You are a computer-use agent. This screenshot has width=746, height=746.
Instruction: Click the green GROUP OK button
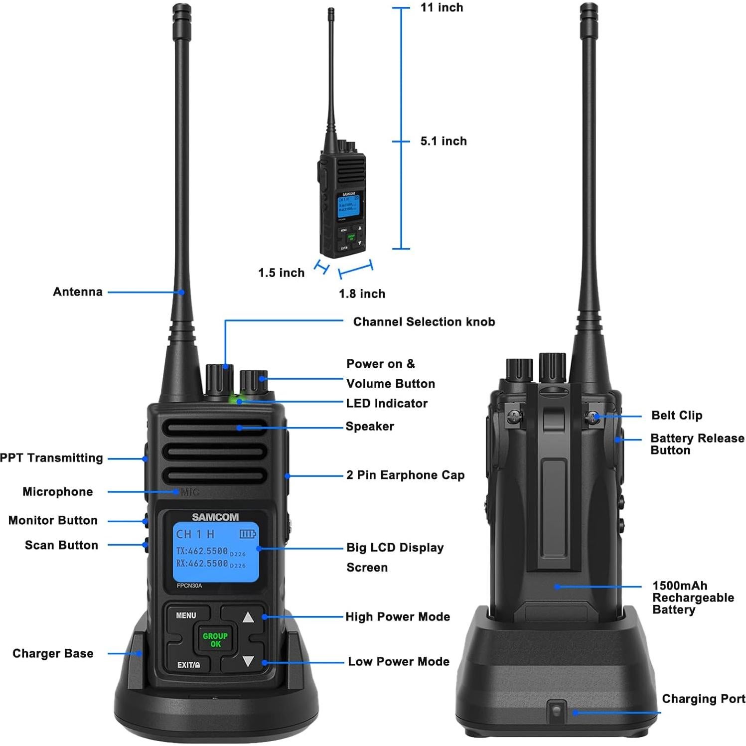(215, 640)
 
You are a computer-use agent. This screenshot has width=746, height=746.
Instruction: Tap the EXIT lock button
(188, 665)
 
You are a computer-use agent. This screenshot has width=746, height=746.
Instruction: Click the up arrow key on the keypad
(248, 617)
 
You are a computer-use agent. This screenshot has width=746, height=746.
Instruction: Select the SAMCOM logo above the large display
(215, 517)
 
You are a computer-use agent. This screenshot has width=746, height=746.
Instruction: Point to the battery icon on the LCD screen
(248, 534)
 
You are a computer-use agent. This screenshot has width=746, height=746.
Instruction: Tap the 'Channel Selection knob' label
(424, 322)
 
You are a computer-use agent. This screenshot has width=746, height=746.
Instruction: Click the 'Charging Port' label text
(703, 699)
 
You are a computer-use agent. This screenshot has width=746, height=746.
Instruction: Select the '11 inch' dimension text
(442, 7)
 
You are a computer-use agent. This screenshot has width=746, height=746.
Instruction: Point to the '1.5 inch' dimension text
(281, 273)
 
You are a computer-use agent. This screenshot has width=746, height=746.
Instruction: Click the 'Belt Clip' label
(676, 416)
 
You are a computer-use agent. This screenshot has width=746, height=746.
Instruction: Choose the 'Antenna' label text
(78, 292)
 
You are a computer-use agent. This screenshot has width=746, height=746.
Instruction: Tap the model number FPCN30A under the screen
(189, 586)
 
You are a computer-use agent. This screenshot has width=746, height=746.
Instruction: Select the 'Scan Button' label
(61, 545)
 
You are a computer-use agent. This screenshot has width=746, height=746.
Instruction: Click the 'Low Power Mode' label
(398, 662)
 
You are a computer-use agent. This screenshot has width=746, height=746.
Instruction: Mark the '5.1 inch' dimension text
(443, 142)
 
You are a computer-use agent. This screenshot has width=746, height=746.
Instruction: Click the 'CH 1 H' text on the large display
(195, 534)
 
